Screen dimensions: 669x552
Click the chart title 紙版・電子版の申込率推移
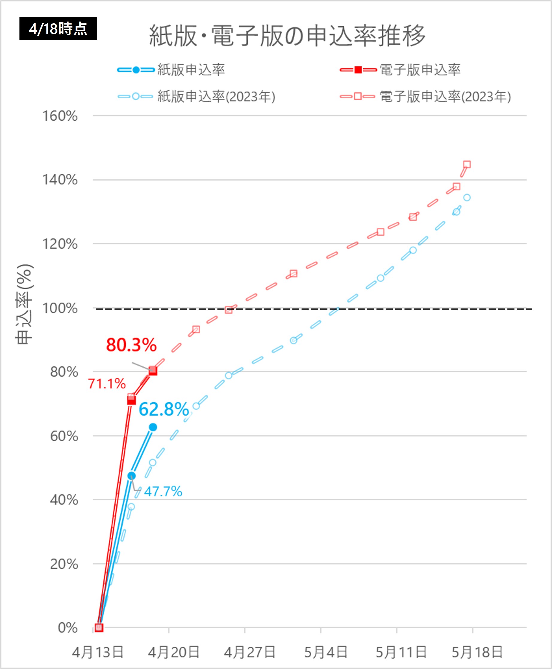[287, 36]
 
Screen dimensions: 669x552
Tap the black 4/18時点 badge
[58, 29]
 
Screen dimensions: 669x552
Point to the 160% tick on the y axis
[60, 116]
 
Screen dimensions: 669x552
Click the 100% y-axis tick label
[60, 308]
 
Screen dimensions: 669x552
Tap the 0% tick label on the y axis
[67, 628]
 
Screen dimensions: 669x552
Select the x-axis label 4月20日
[174, 653]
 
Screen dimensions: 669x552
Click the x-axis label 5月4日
[326, 653]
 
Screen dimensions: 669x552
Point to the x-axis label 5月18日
[477, 653]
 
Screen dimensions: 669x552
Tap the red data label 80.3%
[131, 345]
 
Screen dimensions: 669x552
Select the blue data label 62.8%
[164, 409]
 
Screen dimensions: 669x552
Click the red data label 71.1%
[107, 384]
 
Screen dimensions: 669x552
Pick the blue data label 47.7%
[163, 491]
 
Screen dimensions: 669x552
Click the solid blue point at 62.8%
[153, 427]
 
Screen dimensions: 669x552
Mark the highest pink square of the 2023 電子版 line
[467, 164]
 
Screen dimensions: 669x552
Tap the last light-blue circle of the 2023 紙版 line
[467, 198]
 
